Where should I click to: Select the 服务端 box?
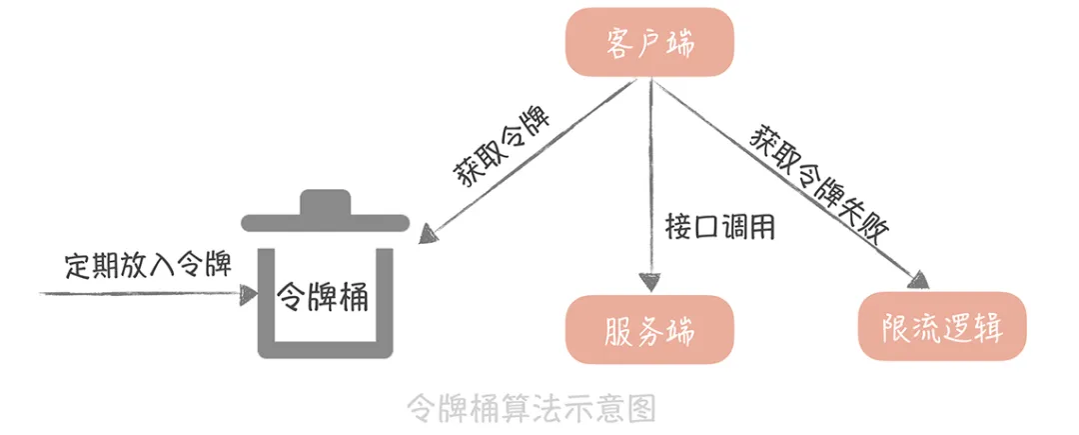[x=650, y=329]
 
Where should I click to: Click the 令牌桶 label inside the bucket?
[x=323, y=296]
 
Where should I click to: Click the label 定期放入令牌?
[x=148, y=265]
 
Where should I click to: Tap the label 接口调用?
[x=720, y=226]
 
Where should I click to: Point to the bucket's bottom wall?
[x=326, y=350]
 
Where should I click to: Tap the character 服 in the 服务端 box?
[x=620, y=329]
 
